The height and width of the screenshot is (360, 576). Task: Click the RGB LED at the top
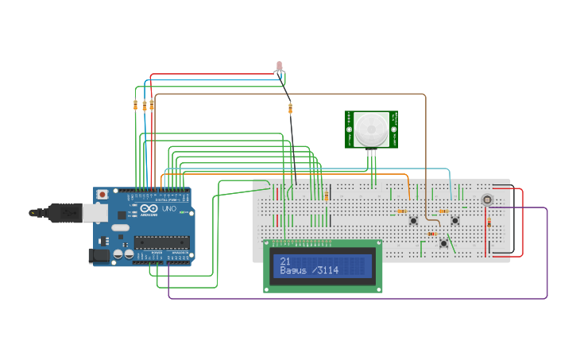(x=279, y=65)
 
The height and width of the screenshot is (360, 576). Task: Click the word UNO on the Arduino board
(x=169, y=208)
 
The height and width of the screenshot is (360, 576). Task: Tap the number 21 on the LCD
(x=284, y=261)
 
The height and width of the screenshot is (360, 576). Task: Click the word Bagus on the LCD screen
(x=293, y=271)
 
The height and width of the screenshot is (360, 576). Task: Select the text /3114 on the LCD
(x=325, y=271)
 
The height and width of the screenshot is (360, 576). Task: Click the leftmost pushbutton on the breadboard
(x=414, y=220)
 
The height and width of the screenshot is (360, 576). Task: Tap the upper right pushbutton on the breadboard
(x=455, y=220)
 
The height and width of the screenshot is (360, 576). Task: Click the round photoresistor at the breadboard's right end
(x=487, y=199)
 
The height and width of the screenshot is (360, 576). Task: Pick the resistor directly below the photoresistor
(x=489, y=223)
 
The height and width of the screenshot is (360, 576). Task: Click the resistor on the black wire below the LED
(x=290, y=108)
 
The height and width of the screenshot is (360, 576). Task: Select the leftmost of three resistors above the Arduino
(x=136, y=105)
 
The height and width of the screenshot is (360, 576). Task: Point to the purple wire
(x=358, y=299)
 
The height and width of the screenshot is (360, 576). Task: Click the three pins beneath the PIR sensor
(x=371, y=157)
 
